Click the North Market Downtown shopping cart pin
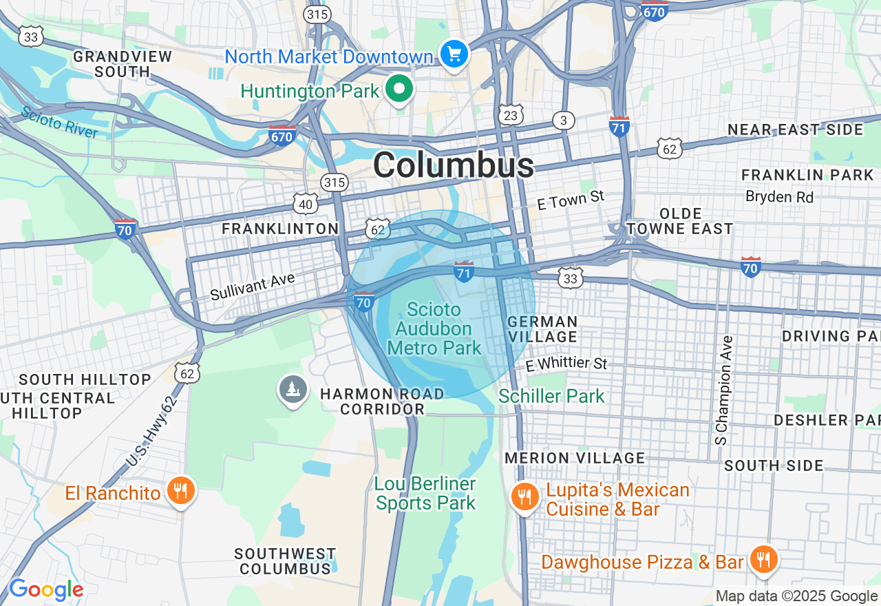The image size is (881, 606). [454, 54]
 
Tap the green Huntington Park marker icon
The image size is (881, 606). [399, 89]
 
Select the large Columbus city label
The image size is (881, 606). [454, 165]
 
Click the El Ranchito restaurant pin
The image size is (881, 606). [180, 491]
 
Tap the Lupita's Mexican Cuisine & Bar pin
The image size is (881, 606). [524, 496]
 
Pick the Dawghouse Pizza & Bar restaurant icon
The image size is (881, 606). [763, 559]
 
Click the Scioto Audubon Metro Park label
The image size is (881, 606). [434, 328]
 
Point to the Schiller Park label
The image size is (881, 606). [551, 396]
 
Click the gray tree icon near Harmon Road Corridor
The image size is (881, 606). [293, 389]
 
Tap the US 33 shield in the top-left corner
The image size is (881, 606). [31, 36]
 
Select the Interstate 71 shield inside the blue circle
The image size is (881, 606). [464, 271]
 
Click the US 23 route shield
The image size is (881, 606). [510, 115]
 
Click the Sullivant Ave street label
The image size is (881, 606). [253, 286]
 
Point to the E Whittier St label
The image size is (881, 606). [566, 364]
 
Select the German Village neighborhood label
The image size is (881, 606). [542, 329]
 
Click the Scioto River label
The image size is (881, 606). [59, 122]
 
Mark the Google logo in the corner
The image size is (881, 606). [46, 589]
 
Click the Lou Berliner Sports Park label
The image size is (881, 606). [425, 494]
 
